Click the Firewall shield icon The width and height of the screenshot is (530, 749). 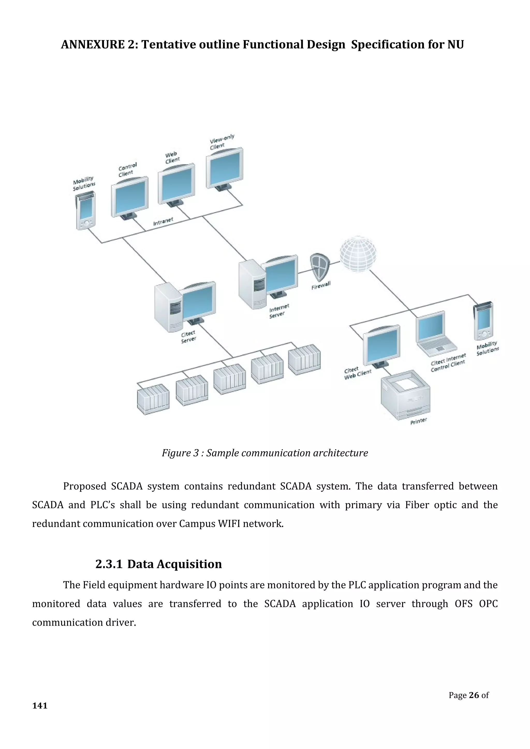320,266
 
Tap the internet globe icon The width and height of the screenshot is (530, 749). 358,254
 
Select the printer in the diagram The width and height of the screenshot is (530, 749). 405,395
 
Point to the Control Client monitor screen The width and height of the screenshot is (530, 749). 130,197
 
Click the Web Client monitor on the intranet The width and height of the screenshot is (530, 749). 176,184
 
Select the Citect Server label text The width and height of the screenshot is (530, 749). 189,337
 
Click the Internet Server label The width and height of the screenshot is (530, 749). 279,311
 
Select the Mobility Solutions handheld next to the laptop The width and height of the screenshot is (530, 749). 483,321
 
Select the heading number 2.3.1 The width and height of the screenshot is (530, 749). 109,564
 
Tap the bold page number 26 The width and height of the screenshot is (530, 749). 474,695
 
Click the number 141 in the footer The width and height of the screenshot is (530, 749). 40,706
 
